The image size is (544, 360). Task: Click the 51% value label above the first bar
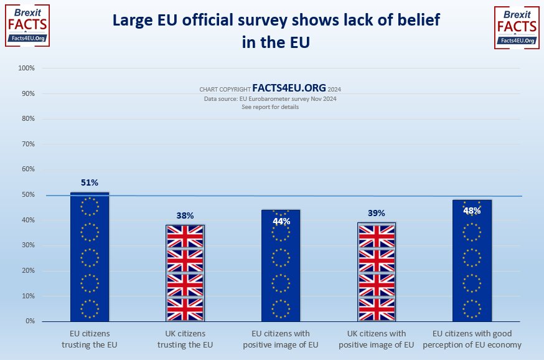90,182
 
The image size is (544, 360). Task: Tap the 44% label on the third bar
281,221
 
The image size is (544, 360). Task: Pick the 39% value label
377,213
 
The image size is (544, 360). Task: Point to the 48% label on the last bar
472,211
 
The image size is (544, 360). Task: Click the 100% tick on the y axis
26,68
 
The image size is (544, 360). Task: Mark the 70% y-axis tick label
27,144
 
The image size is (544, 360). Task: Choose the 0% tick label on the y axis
29,321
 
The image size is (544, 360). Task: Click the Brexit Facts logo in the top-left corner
27,26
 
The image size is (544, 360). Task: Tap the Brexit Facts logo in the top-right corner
516,27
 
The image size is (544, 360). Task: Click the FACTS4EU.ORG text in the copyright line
289,88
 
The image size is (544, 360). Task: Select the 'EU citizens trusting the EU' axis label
90,339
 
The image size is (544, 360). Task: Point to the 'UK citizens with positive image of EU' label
377,339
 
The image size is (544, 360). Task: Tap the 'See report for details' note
270,107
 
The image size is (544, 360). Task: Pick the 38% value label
185,215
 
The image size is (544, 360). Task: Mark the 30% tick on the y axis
27,245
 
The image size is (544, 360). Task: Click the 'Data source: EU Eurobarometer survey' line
270,99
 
